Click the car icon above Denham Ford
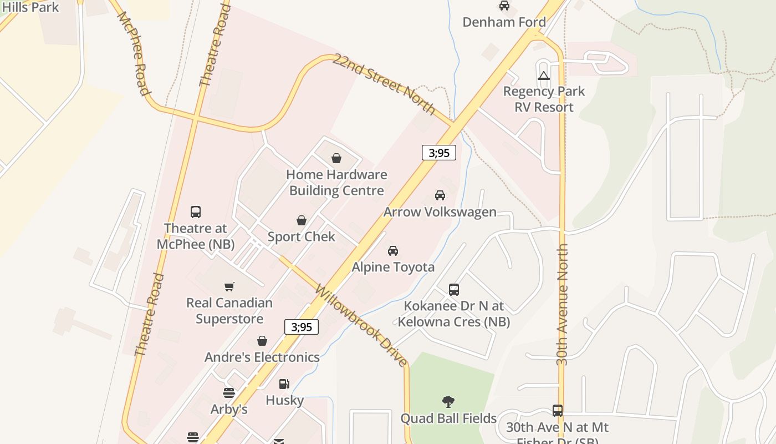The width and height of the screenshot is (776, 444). click(x=504, y=6)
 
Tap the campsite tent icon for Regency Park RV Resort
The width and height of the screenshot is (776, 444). click(x=544, y=75)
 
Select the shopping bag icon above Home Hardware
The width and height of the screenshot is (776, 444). click(x=336, y=159)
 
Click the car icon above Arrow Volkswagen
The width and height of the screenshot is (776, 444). click(x=440, y=195)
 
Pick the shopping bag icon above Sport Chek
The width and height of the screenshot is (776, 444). click(x=302, y=221)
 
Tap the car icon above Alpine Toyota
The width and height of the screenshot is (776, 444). click(x=393, y=251)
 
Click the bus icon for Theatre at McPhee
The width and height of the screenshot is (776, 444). click(x=196, y=212)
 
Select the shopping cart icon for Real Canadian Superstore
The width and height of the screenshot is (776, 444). click(x=229, y=287)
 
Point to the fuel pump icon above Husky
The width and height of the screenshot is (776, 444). click(x=284, y=384)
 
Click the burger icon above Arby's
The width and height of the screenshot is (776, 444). click(x=229, y=393)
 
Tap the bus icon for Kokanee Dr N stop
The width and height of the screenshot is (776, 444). click(x=454, y=290)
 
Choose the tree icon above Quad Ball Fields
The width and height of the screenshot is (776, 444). click(x=448, y=402)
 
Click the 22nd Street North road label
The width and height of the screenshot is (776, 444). click(x=384, y=83)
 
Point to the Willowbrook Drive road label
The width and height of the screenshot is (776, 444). click(x=361, y=326)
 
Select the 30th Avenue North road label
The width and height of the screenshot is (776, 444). click(x=563, y=304)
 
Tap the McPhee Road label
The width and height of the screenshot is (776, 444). click(x=134, y=53)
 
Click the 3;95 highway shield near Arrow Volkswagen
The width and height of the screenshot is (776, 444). click(x=439, y=153)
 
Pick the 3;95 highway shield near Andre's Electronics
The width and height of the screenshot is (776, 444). click(x=302, y=327)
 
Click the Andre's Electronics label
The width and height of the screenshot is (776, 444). click(x=262, y=357)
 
